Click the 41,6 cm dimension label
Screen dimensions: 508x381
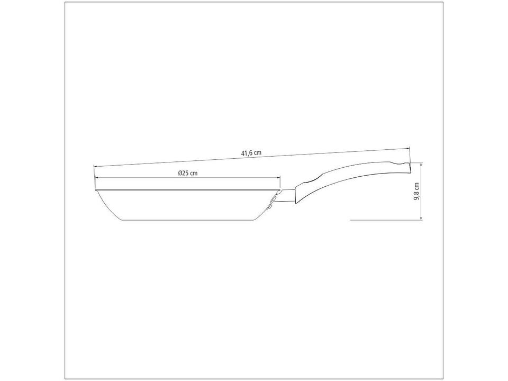click(x=251, y=153)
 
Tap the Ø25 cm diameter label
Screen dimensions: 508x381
click(x=187, y=173)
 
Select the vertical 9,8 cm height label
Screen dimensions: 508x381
click(x=416, y=192)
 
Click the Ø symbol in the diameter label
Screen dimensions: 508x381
click(x=180, y=173)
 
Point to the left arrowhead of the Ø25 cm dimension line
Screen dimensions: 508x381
click(x=96, y=178)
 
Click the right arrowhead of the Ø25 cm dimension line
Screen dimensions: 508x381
click(x=278, y=178)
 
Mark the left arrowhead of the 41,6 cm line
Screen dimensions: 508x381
click(x=96, y=167)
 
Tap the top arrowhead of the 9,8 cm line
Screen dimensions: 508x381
click(x=421, y=164)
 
